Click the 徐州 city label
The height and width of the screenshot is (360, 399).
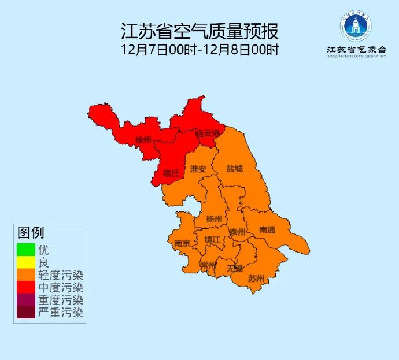pyautogui.click(x=143, y=140)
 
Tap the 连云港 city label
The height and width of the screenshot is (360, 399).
pyautogui.click(x=207, y=133)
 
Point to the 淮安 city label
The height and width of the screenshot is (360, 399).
pyautogui.click(x=198, y=169)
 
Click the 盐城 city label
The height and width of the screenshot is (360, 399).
pyautogui.click(x=235, y=169)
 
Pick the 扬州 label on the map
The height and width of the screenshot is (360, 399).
pyautogui.click(x=213, y=218)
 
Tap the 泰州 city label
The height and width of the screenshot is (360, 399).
pyautogui.click(x=237, y=232)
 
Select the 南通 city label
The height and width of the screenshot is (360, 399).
pyautogui.click(x=267, y=229)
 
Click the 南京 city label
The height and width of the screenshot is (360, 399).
pyautogui.click(x=182, y=243)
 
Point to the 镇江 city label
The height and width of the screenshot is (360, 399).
pyautogui.click(x=212, y=239)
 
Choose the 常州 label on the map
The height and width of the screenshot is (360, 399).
pyautogui.click(x=207, y=265)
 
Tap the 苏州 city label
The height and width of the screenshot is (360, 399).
pyautogui.click(x=256, y=279)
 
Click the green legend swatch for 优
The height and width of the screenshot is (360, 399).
pyautogui.click(x=25, y=250)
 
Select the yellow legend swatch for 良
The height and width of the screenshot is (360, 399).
pyautogui.click(x=25, y=262)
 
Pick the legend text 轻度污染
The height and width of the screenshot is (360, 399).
pyautogui.click(x=61, y=275)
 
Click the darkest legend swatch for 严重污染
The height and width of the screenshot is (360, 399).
pyautogui.click(x=25, y=313)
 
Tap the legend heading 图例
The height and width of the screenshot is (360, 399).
pyautogui.click(x=31, y=233)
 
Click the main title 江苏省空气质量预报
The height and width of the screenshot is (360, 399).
pyautogui.click(x=199, y=31)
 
